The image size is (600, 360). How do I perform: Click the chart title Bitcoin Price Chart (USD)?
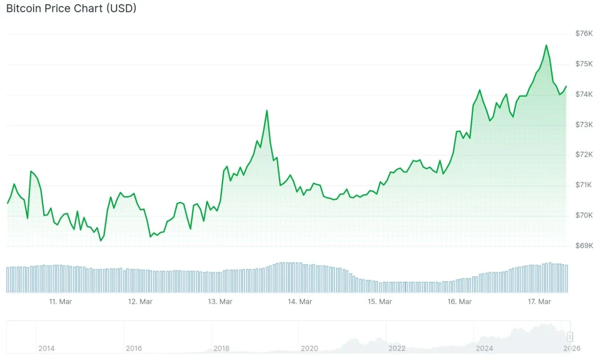pos(71,9)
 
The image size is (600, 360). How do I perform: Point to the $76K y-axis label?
pos(584,34)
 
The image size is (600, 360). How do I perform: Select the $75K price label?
pos(584,64)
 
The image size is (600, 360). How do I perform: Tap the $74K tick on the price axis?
pos(584,95)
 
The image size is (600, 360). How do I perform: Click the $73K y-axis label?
pos(584,125)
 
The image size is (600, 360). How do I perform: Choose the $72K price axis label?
pos(584,155)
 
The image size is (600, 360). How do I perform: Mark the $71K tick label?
pos(584,185)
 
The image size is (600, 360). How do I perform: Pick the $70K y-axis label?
pos(584,215)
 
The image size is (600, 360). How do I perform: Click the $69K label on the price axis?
pos(584,246)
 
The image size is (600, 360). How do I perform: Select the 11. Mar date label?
pos(61,302)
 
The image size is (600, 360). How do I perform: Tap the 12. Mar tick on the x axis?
pos(140,302)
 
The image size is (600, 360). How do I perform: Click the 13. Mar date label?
pos(220,302)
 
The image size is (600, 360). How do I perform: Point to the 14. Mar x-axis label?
pos(300,302)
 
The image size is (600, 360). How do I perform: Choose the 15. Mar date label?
pos(380,302)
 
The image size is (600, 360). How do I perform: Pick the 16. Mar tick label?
pos(460,302)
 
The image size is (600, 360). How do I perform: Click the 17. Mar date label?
pos(539,302)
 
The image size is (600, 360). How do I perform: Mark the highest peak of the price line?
pos(546,45)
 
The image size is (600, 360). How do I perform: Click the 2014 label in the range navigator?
pos(46,348)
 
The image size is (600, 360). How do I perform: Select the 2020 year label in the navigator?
pos(309,348)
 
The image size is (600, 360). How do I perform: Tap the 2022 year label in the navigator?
pos(397,348)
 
